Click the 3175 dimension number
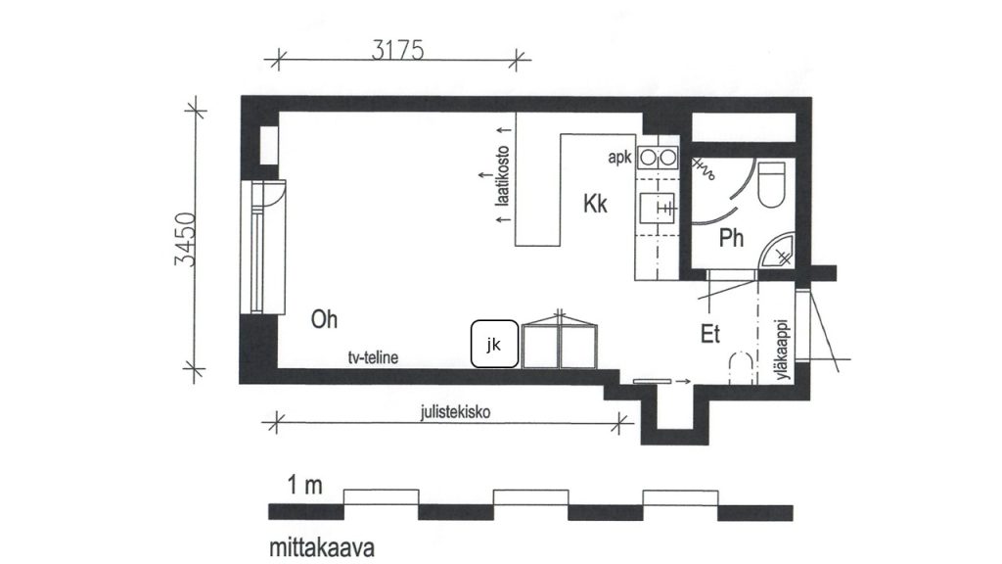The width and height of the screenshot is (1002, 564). coord(397,50)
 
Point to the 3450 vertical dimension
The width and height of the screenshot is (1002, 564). coord(185,239)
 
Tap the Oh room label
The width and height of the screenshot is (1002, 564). coord(324,319)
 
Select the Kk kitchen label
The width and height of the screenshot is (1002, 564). coord(595,204)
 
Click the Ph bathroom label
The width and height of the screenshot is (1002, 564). coord(731,238)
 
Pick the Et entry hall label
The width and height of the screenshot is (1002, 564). coord(710,334)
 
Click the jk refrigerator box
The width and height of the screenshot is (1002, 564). coord(494,344)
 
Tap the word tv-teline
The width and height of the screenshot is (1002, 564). coord(373,357)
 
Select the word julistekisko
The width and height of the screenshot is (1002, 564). coord(455,412)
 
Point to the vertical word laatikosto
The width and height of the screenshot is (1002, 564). coord(504,175)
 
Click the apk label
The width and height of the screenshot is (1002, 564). coord(619,158)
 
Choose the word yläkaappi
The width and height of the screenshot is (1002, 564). coord(783,350)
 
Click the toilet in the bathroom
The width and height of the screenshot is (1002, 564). coord(771,185)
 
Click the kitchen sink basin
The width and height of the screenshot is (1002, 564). coord(657,208)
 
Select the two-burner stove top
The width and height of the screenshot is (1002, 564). coord(658,157)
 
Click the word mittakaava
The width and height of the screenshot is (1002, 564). coord(321,548)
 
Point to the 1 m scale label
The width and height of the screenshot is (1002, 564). coord(304,486)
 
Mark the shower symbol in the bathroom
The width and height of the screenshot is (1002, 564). coord(704,168)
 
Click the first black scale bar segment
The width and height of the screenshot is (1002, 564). coord(306,512)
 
